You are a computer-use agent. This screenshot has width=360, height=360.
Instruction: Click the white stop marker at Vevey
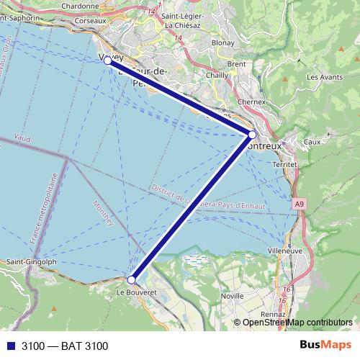pyautogui.click(x=108, y=61)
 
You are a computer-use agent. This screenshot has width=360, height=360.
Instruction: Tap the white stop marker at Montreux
pyautogui.click(x=252, y=135)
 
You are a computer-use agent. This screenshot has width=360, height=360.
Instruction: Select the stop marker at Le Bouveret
pyautogui.click(x=131, y=279)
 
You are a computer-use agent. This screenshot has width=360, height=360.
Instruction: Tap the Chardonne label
pyautogui.click(x=80, y=6)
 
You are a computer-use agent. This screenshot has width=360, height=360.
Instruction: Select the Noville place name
pyautogui.click(x=233, y=295)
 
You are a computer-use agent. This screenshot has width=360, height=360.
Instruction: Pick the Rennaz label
pyautogui.click(x=274, y=314)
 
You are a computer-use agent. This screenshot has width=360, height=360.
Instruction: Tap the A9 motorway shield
pyautogui.click(x=298, y=205)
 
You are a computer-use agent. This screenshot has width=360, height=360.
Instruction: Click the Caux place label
pyautogui.click(x=312, y=143)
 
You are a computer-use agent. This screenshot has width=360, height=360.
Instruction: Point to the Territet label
pyautogui.click(x=286, y=164)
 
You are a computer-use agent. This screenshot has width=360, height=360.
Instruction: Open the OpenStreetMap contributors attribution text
pyautogui.click(x=297, y=323)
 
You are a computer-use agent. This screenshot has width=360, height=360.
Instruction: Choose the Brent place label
pyautogui.click(x=236, y=63)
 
